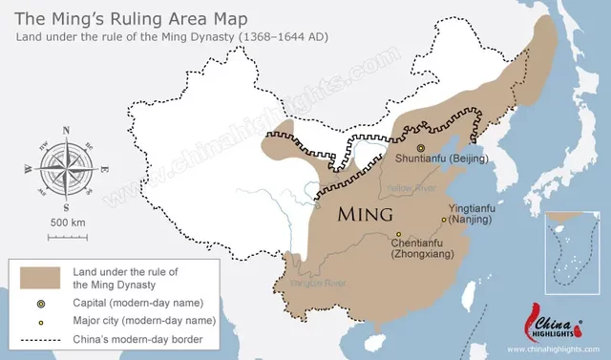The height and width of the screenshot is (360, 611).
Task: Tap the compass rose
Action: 65,167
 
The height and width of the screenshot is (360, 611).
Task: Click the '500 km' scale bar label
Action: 66,222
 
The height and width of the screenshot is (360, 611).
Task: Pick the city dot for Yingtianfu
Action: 443,220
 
